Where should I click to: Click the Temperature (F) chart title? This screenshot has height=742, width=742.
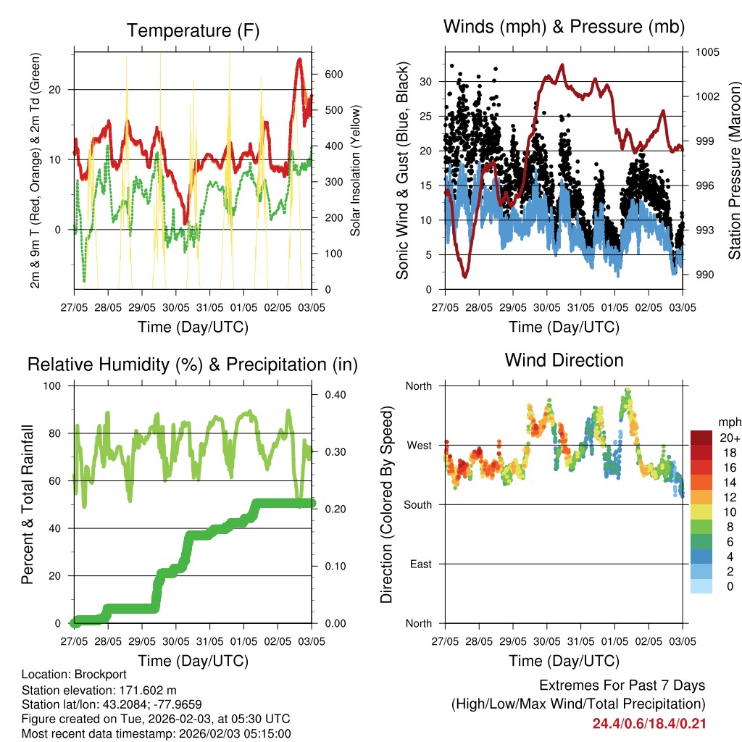click(193, 30)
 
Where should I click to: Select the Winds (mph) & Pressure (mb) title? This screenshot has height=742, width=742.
click(564, 27)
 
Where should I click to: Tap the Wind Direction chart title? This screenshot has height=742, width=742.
click(564, 359)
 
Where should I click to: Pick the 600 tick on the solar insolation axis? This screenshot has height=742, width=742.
click(333, 75)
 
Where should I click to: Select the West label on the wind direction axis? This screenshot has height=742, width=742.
click(420, 445)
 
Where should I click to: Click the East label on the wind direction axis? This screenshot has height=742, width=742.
click(421, 564)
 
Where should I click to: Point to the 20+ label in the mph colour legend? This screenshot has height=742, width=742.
click(729, 438)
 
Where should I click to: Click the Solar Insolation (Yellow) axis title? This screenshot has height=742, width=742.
click(355, 170)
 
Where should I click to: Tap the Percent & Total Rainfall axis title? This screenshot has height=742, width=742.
click(28, 504)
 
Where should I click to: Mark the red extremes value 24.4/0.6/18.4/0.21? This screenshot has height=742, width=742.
click(649, 723)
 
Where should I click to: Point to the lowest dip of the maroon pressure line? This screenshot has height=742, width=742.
click(464, 276)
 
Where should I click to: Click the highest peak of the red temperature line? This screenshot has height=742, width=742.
click(299, 59)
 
